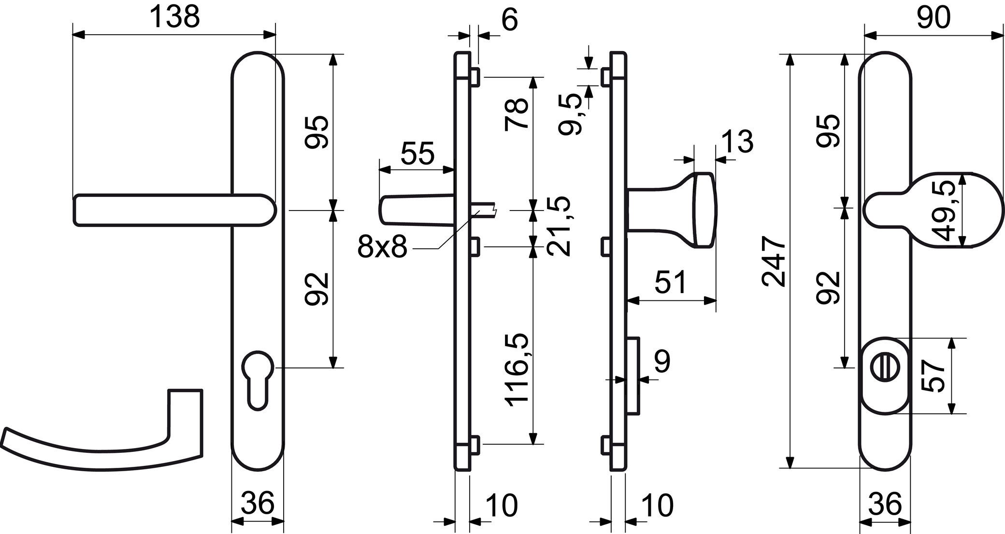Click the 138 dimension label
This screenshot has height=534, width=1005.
pos(174,17)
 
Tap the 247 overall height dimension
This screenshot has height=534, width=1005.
pos(774,261)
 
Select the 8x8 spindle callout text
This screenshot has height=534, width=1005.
pos(382,247)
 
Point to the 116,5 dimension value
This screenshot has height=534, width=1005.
pos(517,370)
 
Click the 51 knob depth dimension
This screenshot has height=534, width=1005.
pos(671,282)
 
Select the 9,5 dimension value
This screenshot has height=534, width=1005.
pos(570,114)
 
